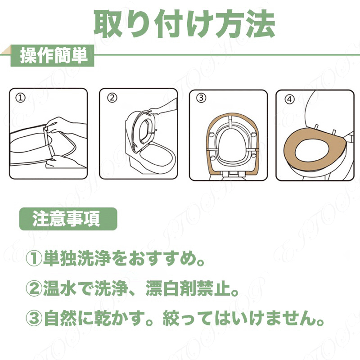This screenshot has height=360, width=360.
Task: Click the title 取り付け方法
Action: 184,23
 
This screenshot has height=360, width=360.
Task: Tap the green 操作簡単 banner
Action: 53,55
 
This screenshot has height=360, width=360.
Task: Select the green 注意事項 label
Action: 68,219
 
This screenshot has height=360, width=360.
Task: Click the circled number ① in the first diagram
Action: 20,98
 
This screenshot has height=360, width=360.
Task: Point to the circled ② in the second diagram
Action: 112,98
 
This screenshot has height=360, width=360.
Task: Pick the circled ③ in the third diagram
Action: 201,98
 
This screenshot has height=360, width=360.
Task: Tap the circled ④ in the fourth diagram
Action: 289,99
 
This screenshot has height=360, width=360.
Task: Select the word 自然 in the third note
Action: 60,318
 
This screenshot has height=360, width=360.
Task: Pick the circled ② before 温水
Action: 34,288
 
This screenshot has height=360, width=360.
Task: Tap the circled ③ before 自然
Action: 34,319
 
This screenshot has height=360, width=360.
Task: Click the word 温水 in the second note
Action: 60,288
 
